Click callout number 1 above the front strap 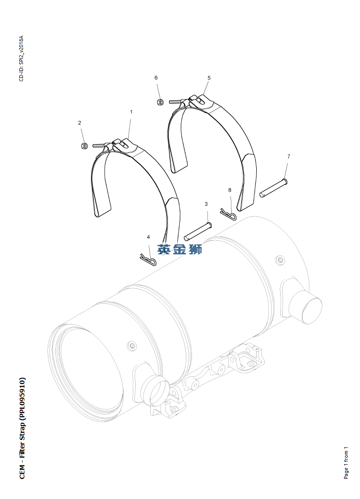coord(131,112)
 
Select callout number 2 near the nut coord(80,123)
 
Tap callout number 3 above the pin coord(206,204)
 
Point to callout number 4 coord(149,237)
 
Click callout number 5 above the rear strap coord(209,78)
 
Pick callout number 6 coord(156,78)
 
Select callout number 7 coord(289,156)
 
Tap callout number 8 coord(230,190)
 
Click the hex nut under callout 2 coord(84,146)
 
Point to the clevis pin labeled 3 coord(198,231)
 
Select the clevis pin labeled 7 coord(274,188)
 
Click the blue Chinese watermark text coord(180,249)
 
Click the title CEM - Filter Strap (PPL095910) coord(22,428)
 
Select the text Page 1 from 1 coord(346,462)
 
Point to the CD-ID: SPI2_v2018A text coord(21,58)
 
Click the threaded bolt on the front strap coord(100,146)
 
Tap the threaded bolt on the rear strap coord(175,101)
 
